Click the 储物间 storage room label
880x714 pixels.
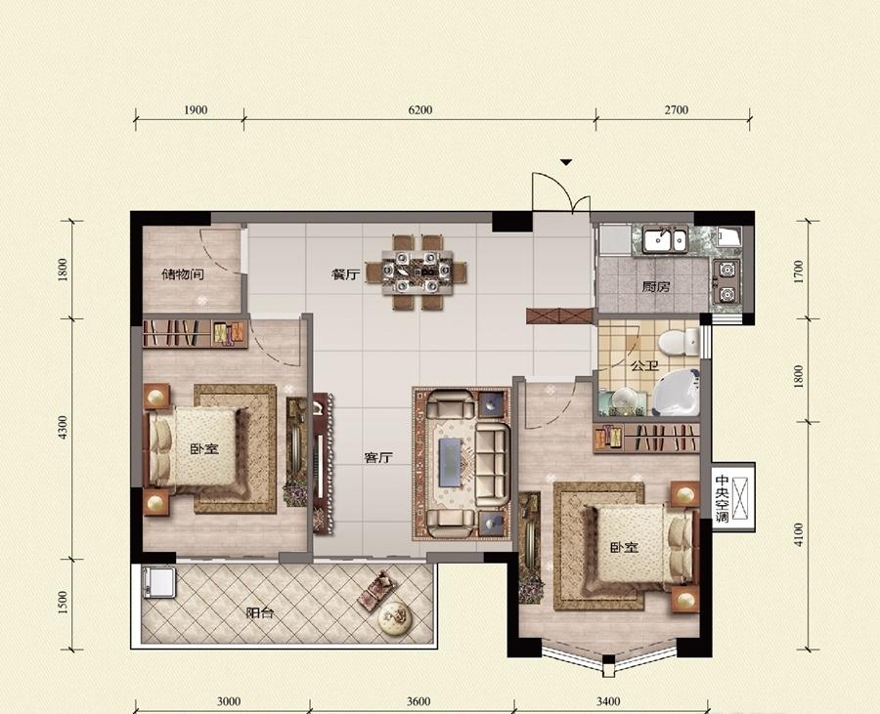(183, 274)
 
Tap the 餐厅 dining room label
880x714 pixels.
(345, 274)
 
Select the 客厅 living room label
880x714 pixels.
(378, 458)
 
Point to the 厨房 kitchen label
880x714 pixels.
(656, 287)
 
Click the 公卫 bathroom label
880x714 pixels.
(645, 366)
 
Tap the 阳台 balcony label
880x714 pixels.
(260, 612)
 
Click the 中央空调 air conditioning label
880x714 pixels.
(722, 499)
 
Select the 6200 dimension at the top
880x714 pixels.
(419, 109)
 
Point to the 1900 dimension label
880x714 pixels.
(196, 109)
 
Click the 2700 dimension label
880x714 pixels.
(677, 109)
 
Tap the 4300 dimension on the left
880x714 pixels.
(63, 427)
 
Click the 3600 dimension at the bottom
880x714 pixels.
(418, 701)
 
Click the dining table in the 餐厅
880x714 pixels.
(417, 273)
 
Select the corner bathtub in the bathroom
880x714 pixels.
(677, 392)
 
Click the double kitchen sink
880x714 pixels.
(665, 240)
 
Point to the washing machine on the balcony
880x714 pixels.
(158, 582)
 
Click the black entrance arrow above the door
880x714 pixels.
(566, 162)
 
